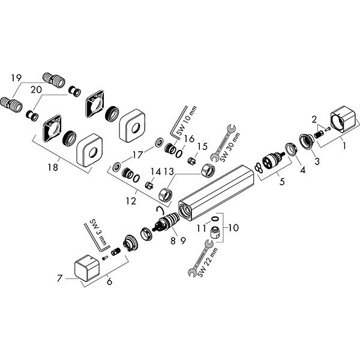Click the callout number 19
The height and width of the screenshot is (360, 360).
tap(16, 77)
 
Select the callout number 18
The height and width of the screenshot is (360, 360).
tap(53, 167)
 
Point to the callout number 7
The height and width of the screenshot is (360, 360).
tap(59, 278)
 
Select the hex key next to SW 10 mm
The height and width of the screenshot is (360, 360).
tap(175, 125)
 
